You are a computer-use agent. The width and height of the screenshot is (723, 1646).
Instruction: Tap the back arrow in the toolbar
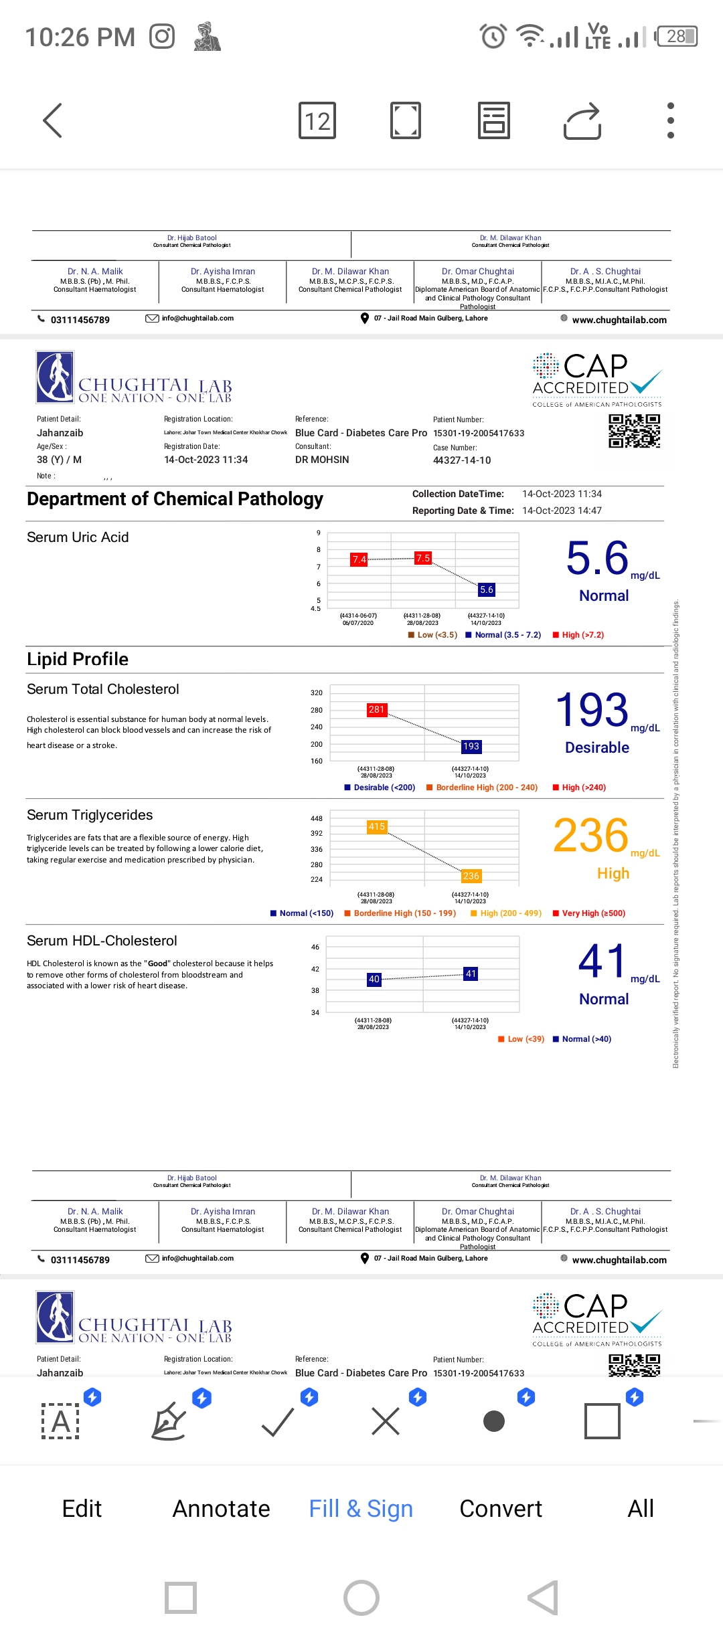(52, 120)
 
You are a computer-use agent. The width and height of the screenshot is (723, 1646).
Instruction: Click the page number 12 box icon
(317, 121)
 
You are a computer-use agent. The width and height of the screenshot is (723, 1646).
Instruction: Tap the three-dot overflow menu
(670, 121)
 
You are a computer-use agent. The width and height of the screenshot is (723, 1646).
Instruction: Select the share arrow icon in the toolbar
(582, 121)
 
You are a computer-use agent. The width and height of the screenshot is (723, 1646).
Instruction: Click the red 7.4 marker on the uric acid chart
(359, 559)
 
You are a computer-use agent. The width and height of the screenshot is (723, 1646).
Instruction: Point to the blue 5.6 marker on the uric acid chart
(486, 589)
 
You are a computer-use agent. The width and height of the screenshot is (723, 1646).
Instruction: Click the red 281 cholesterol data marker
(377, 709)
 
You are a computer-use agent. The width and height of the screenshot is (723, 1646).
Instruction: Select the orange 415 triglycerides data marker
(377, 827)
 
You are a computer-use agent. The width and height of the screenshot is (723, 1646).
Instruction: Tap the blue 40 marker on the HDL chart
(374, 979)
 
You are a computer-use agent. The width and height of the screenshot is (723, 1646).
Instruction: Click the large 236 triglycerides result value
(591, 836)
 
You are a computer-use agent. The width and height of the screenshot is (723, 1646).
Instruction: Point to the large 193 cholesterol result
(592, 710)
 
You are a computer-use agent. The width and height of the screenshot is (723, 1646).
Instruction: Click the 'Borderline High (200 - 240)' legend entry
(487, 788)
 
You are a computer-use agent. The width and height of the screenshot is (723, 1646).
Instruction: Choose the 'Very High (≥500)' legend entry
(593, 913)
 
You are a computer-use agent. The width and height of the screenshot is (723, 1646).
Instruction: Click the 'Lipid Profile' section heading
(78, 659)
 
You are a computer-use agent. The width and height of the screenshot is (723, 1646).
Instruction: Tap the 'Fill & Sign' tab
(361, 1509)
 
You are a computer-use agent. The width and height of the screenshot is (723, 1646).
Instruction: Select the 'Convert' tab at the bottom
(501, 1509)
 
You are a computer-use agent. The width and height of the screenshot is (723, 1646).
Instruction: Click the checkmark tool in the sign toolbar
(278, 1422)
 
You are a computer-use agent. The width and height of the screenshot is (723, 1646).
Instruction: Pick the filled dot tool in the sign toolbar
(494, 1421)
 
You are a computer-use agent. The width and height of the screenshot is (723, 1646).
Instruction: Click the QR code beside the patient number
(634, 431)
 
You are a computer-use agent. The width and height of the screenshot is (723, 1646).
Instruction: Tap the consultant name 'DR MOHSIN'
(322, 460)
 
